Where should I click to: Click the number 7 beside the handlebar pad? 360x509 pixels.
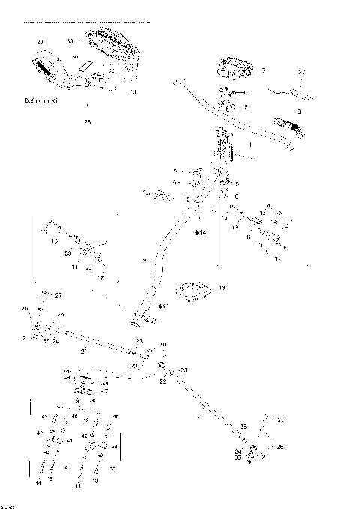(x=263, y=70)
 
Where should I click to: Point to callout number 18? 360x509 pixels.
(x=222, y=287)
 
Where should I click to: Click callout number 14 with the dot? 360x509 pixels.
(x=201, y=233)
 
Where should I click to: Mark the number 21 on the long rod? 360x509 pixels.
(x=199, y=416)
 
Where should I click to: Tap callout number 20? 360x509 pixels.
(x=163, y=345)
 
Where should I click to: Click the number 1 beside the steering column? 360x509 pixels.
(x=250, y=144)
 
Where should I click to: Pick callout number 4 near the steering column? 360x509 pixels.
(x=253, y=158)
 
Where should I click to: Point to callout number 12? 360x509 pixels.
(x=186, y=199)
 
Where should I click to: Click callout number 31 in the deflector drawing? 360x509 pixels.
(x=133, y=91)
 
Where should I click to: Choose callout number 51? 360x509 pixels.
(x=67, y=371)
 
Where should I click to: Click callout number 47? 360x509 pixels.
(x=104, y=391)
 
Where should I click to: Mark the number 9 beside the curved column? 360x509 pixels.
(x=142, y=260)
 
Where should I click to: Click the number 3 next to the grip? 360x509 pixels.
(x=299, y=111)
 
